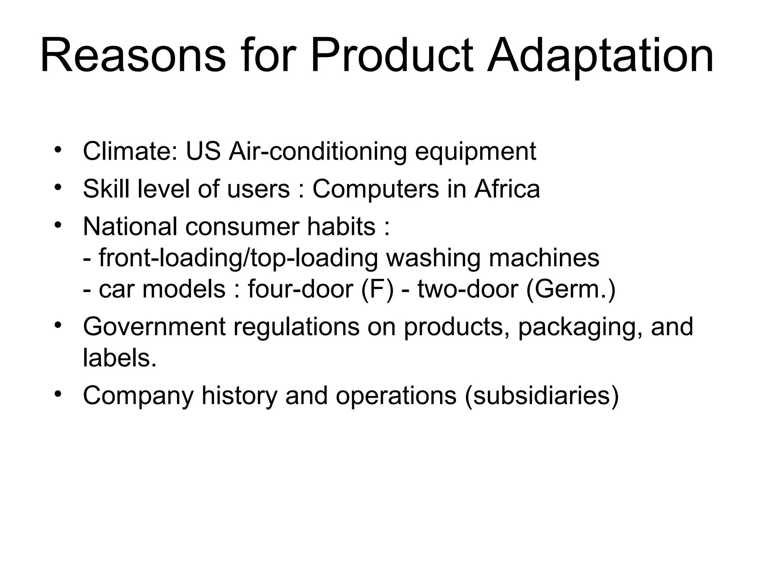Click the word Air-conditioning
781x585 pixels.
tap(318, 151)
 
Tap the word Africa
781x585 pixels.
tap(507, 189)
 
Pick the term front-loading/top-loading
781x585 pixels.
tap(238, 259)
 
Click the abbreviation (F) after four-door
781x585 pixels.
tap(377, 289)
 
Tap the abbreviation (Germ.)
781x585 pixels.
tap(570, 289)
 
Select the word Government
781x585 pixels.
tap(154, 327)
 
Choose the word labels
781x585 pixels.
tap(119, 358)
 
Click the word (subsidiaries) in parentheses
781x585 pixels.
tap(542, 396)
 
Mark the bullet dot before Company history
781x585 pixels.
tap(58, 393)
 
